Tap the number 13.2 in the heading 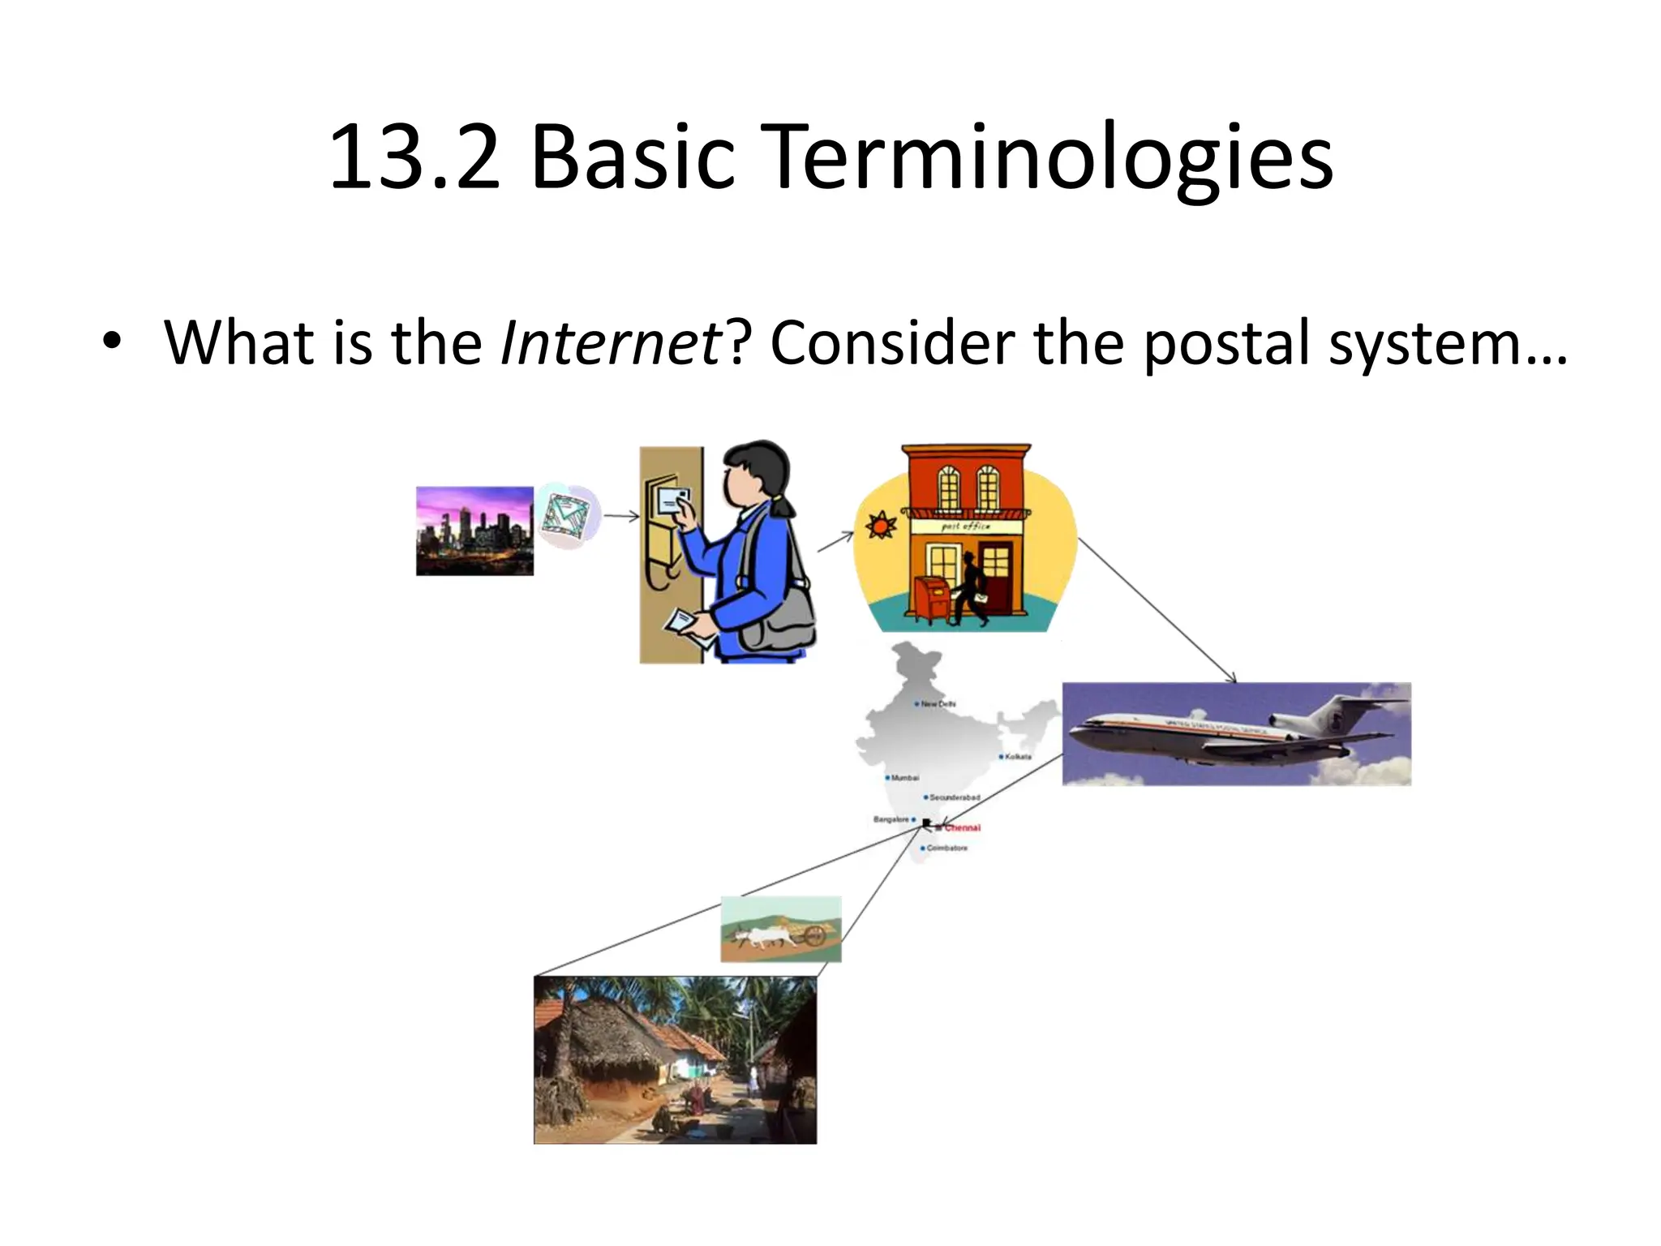tap(414, 158)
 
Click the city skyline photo tap(474, 531)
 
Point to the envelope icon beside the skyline tap(568, 516)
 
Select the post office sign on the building tap(965, 526)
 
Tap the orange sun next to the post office tap(880, 526)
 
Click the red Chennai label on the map tap(963, 828)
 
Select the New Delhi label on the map tap(938, 704)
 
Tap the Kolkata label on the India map tap(1018, 757)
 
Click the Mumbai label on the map tap(904, 778)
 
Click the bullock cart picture tap(780, 930)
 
